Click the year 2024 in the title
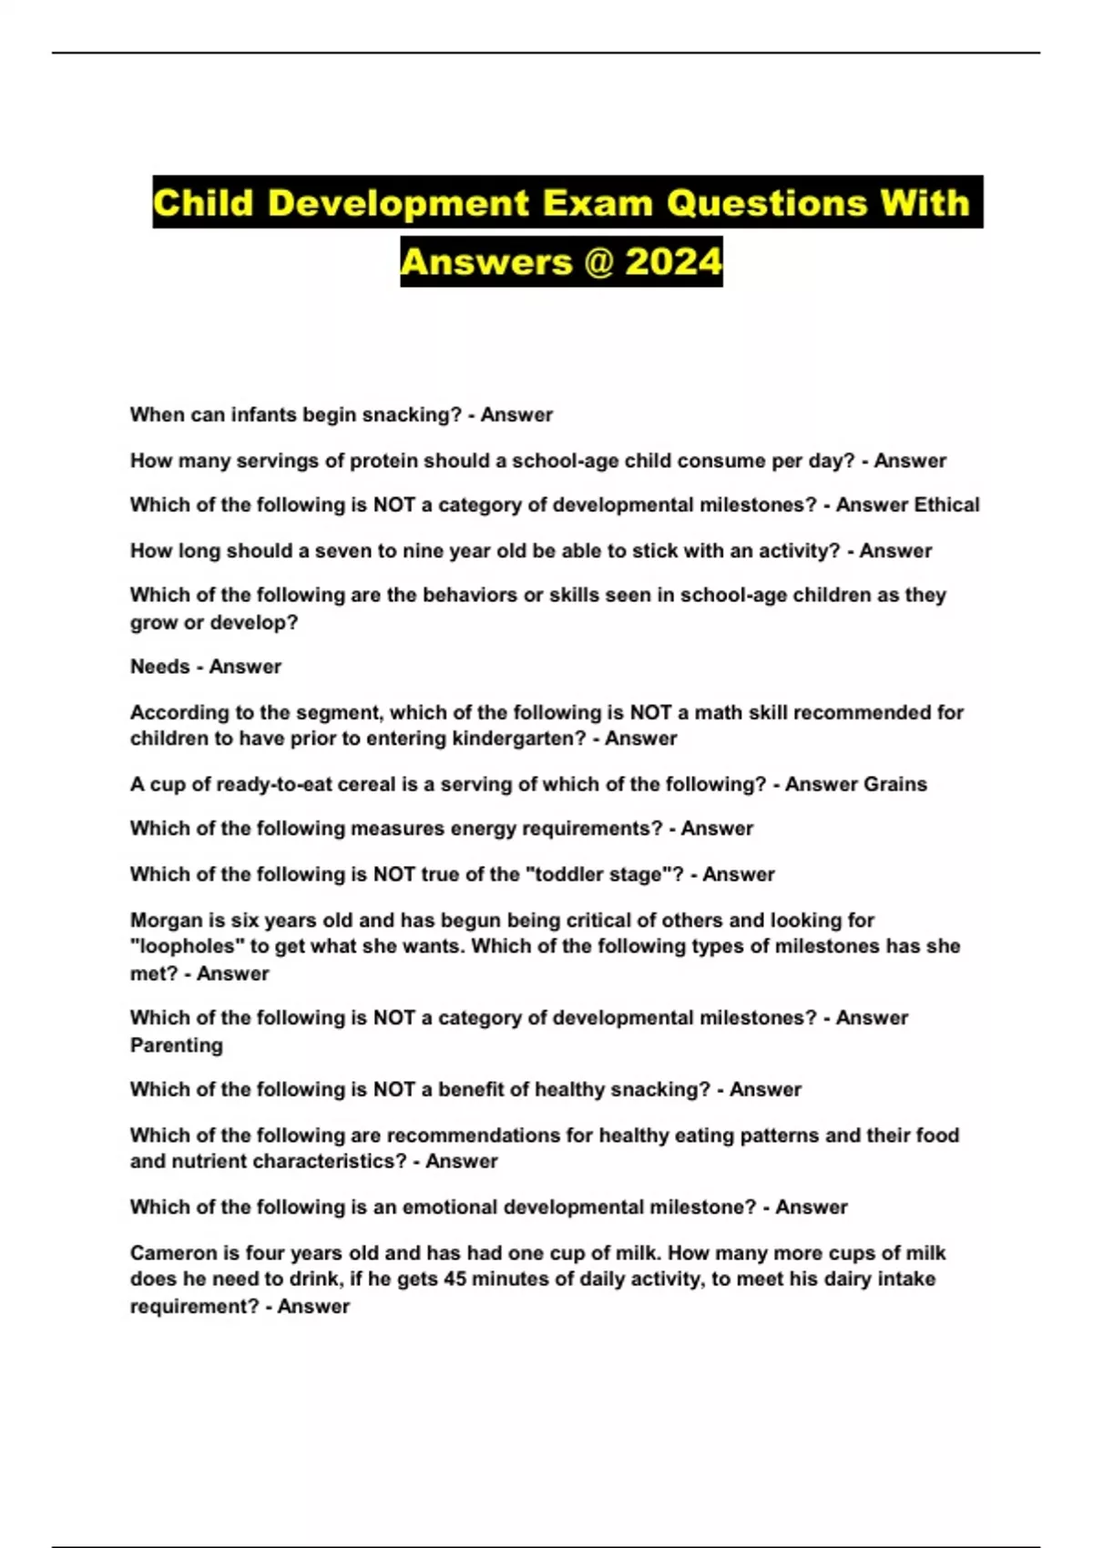tap(674, 262)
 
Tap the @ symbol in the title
tap(598, 262)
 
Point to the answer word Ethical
tap(946, 505)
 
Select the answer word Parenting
tap(176, 1045)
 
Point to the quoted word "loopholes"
tap(187, 947)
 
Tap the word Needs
tap(159, 667)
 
